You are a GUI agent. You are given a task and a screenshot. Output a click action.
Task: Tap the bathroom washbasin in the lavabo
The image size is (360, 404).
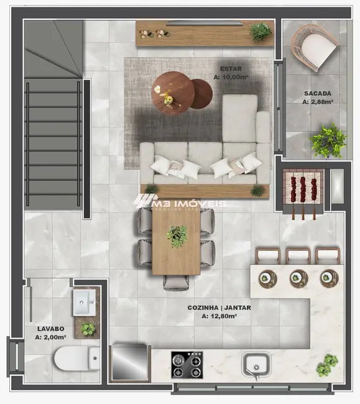point(84,303)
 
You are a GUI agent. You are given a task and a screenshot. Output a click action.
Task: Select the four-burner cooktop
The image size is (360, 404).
point(187,365)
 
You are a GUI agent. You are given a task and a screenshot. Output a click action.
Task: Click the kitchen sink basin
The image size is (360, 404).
point(256,365)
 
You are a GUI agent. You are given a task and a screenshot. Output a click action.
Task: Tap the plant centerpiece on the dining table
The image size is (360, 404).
point(177,236)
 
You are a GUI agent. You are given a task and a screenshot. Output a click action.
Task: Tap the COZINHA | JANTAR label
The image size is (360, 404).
point(216,308)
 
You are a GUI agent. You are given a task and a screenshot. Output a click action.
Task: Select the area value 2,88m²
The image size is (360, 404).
point(317,101)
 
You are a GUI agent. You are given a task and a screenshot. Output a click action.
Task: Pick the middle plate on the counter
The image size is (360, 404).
point(298,278)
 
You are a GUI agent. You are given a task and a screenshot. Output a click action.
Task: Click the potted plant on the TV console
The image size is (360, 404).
point(261,31)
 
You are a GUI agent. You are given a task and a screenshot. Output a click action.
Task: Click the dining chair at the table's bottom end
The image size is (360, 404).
point(177,283)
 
